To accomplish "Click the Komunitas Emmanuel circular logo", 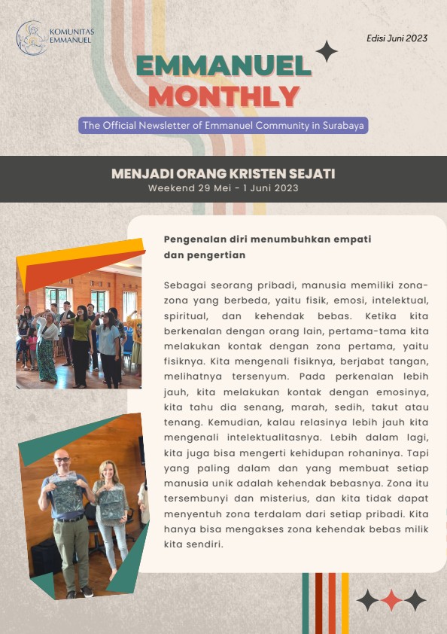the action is click(32, 38).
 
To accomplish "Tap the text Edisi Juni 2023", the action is click(397, 38).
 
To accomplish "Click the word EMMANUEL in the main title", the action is click(224, 67).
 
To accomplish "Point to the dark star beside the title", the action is click(326, 51).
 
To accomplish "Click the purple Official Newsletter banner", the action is click(223, 126).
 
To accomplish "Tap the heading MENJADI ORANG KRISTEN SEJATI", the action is click(223, 174).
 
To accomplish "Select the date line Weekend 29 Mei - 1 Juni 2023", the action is click(223, 188).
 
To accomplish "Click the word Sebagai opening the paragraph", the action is click(184, 285).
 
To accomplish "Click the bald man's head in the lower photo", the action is click(60, 459).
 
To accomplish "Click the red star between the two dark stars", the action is click(391, 600).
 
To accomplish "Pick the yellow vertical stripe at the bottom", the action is click(345, 602).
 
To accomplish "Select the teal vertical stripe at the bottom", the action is click(306, 602).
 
